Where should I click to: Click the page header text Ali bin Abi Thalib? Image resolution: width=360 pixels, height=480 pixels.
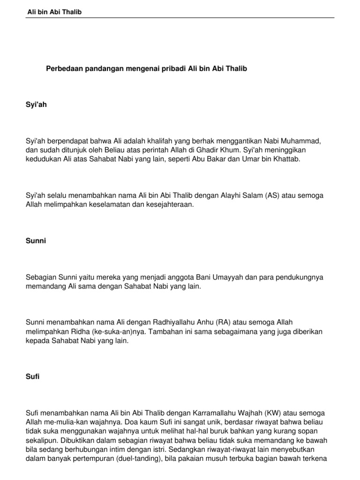tap(54, 12)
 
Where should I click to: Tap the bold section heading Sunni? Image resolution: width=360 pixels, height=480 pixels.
tap(36, 241)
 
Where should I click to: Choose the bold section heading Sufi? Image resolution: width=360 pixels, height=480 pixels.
tap(33, 376)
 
